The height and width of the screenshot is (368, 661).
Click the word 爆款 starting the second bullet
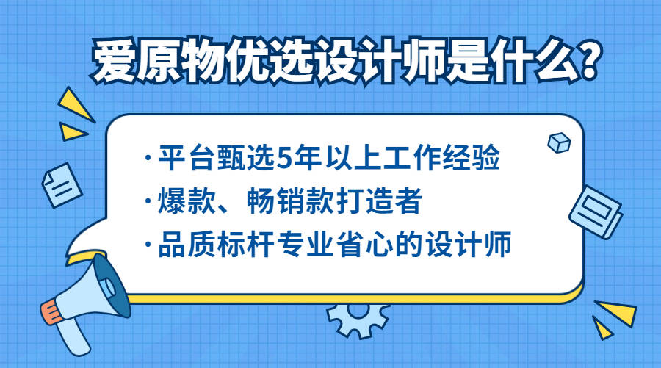[x=183, y=201]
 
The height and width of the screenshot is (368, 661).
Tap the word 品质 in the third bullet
[x=183, y=245]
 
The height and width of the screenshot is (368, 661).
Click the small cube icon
[x=560, y=142]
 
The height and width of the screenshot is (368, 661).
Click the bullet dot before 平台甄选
[x=150, y=159]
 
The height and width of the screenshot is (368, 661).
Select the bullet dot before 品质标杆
[x=150, y=245]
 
